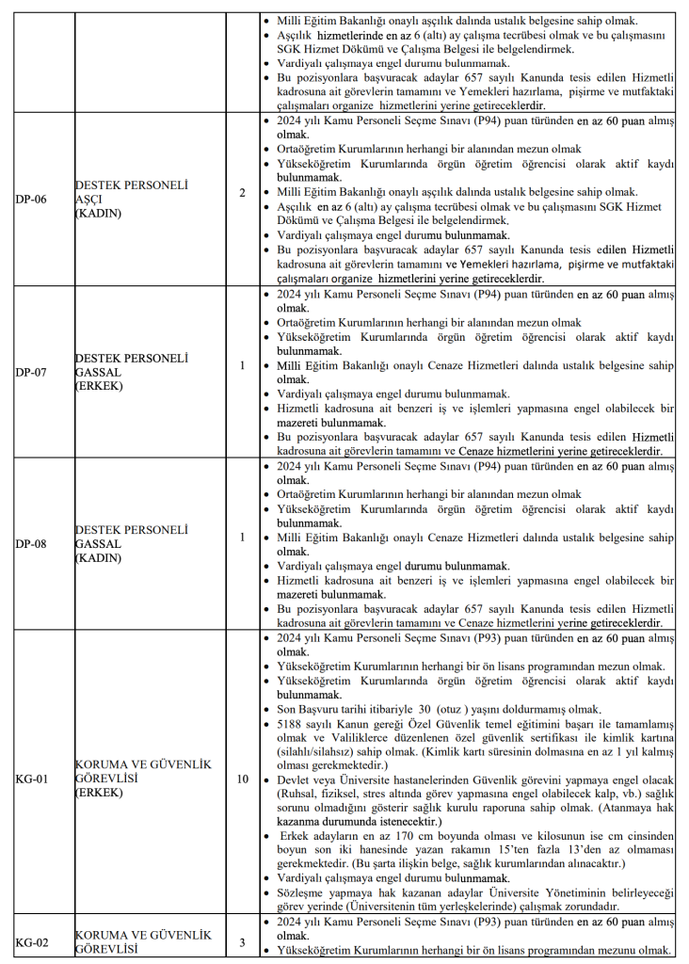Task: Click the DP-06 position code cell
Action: [31, 200]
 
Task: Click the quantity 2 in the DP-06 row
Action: [242, 194]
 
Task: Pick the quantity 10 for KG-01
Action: [242, 779]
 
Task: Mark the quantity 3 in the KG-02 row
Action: [242, 942]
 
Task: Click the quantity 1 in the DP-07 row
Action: [242, 365]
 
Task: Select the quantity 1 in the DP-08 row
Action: [242, 538]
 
